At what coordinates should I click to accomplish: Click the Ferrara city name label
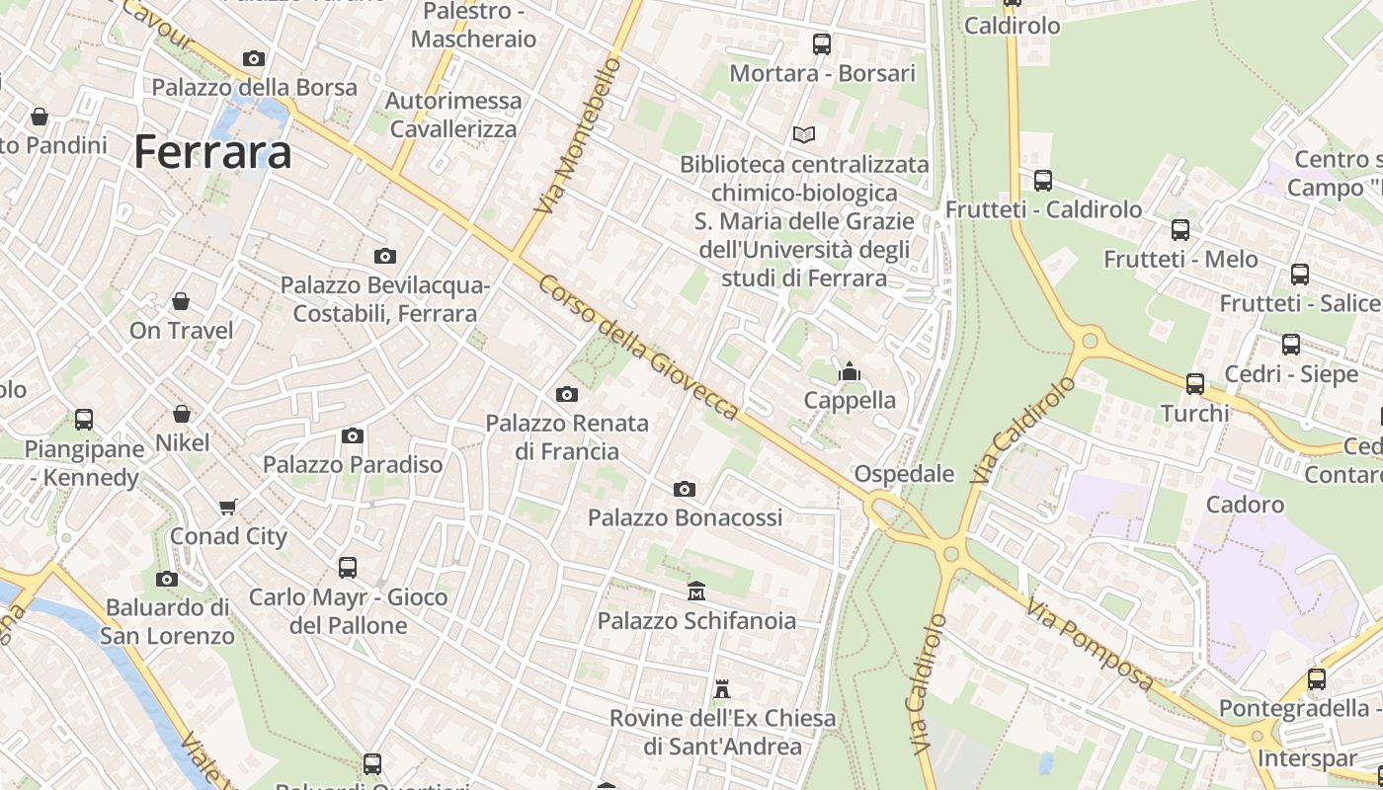(x=212, y=152)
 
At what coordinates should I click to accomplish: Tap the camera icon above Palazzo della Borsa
(x=254, y=59)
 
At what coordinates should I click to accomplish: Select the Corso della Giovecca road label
(x=637, y=346)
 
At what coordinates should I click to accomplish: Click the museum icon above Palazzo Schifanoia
(x=696, y=591)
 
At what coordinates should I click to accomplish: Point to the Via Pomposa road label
(x=1090, y=644)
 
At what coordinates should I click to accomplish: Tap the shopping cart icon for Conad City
(x=228, y=507)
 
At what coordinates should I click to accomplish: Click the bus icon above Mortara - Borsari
(x=822, y=43)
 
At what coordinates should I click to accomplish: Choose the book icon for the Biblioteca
(x=805, y=134)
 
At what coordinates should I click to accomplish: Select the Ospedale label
(x=904, y=474)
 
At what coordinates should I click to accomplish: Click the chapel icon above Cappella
(x=849, y=371)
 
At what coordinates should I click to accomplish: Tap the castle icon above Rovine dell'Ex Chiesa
(x=722, y=688)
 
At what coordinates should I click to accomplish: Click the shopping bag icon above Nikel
(x=182, y=413)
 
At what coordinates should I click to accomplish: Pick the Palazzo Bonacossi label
(x=685, y=517)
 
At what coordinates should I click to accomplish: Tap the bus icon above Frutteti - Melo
(x=1180, y=230)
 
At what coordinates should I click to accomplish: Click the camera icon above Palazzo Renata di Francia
(x=567, y=394)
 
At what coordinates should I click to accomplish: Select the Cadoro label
(x=1245, y=505)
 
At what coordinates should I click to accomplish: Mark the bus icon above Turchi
(x=1195, y=383)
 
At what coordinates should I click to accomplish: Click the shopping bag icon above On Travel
(x=181, y=300)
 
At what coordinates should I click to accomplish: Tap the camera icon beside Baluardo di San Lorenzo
(x=167, y=579)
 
